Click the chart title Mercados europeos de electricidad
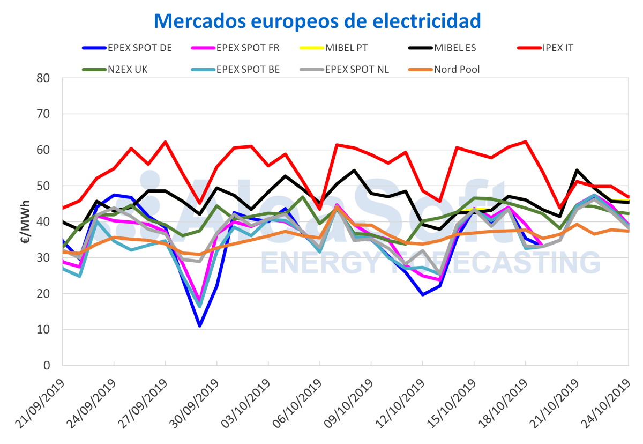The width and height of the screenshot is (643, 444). pyautogui.click(x=317, y=20)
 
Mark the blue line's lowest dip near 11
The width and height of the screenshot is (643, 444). pyautogui.click(x=199, y=325)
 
